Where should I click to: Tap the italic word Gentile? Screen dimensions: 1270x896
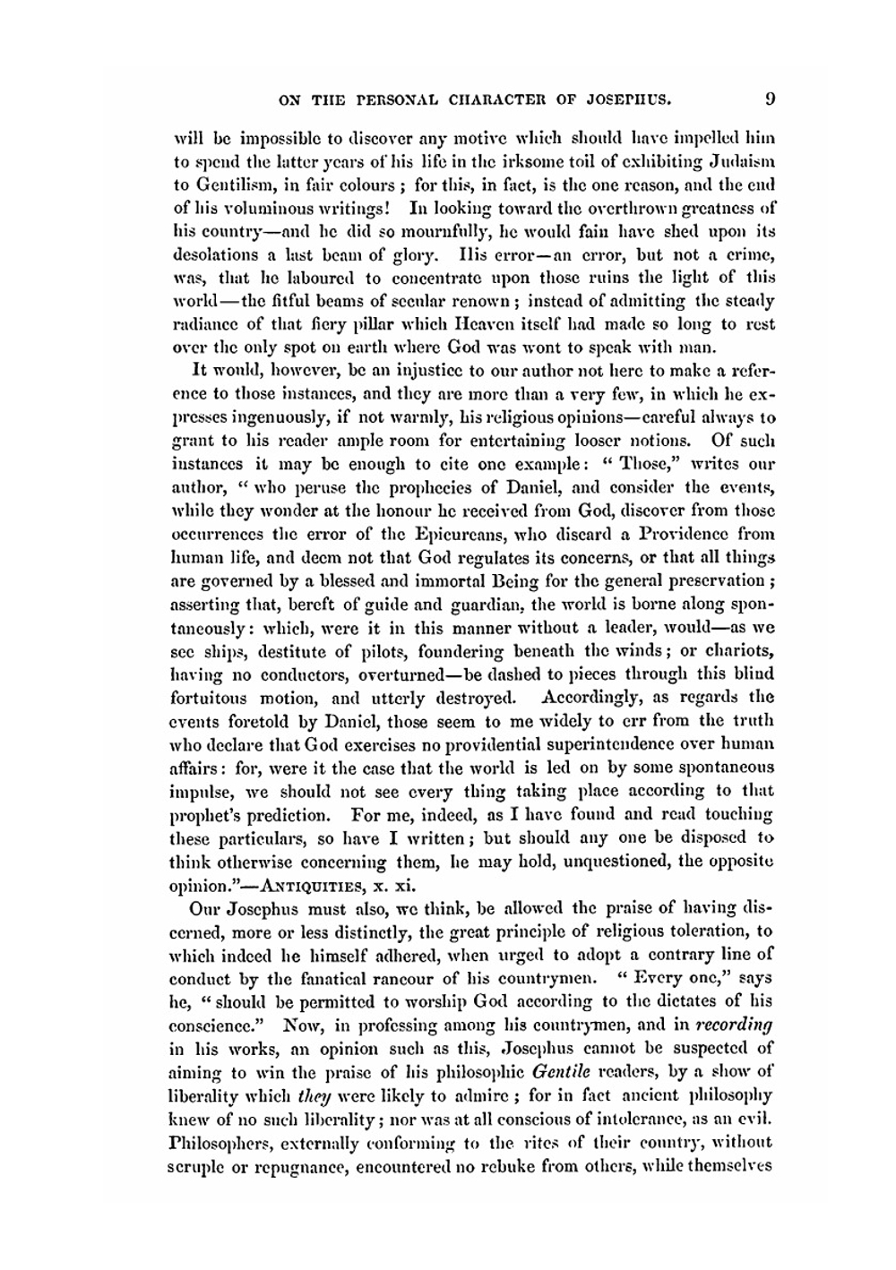(x=560, y=1071)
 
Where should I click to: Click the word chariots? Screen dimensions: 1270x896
(x=742, y=650)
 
